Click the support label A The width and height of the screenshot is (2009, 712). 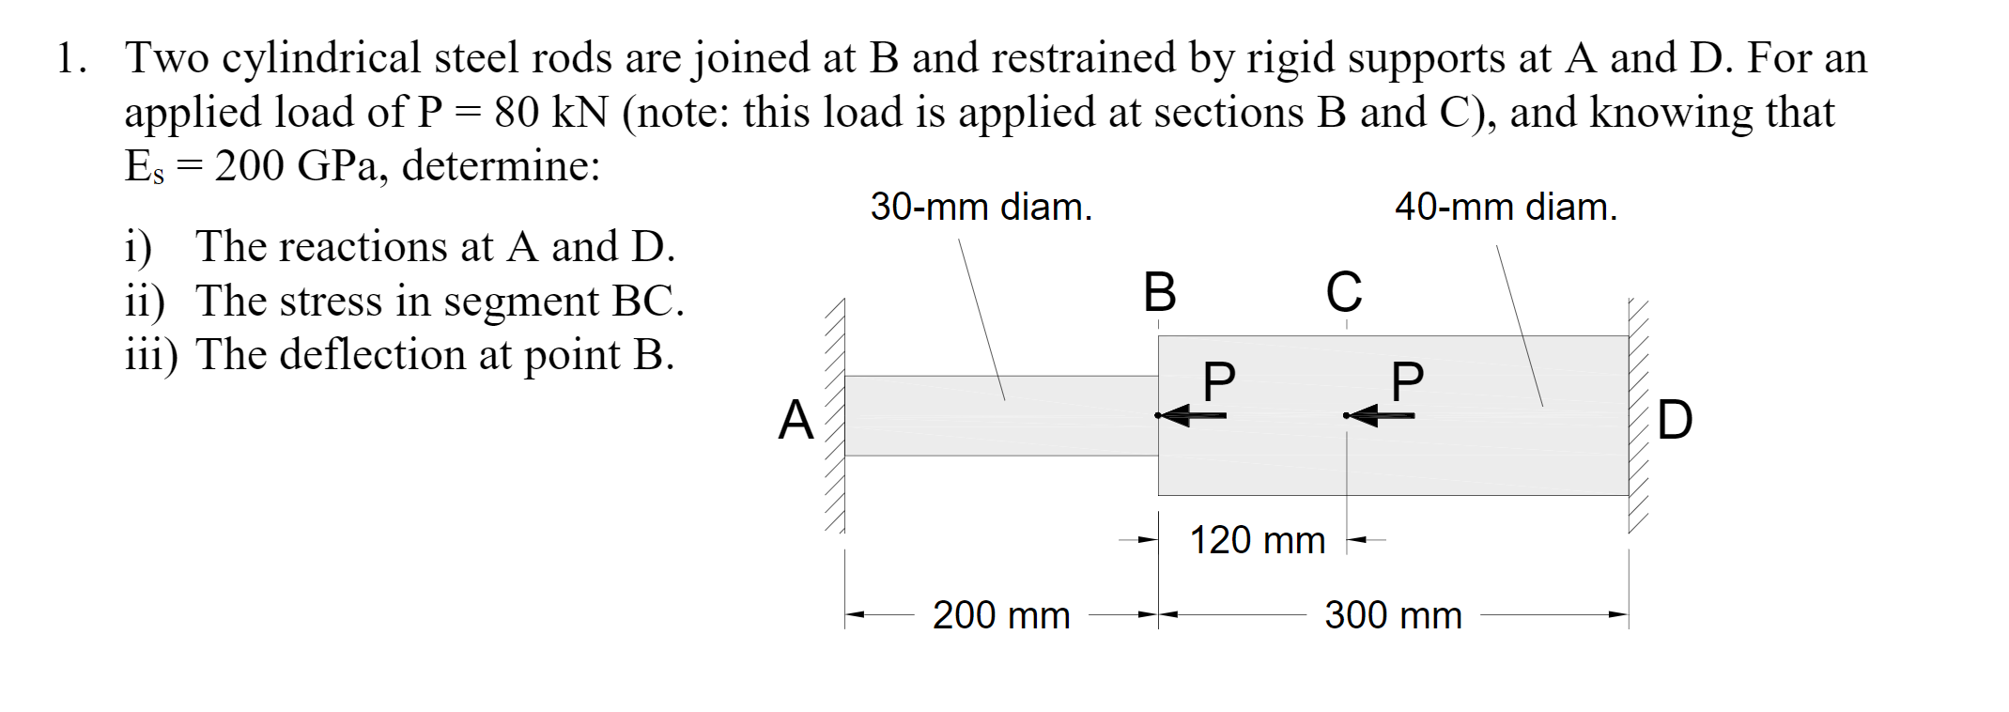click(x=796, y=420)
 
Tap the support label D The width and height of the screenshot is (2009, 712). click(x=1675, y=420)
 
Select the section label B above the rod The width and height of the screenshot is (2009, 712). click(x=1159, y=292)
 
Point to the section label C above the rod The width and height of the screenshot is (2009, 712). click(x=1344, y=292)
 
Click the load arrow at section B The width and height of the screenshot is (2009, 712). click(x=1190, y=415)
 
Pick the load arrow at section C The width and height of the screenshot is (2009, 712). click(x=1378, y=415)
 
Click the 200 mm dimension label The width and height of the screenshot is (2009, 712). click(x=1001, y=615)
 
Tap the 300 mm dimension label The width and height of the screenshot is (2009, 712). click(x=1393, y=615)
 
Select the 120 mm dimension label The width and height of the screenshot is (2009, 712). click(x=1257, y=540)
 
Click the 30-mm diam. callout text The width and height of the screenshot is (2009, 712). click(x=981, y=207)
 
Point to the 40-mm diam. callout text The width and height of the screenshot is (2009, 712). click(x=1506, y=207)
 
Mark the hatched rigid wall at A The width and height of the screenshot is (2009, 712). click(x=835, y=415)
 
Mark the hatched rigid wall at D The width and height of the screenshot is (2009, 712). click(x=1639, y=415)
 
